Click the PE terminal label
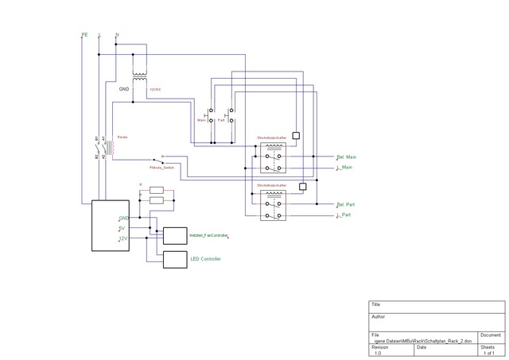[x=84, y=35]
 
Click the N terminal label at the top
[x=118, y=35]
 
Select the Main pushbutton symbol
[x=211, y=116]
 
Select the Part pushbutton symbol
[x=231, y=116]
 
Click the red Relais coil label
[x=122, y=137]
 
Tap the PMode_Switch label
[x=161, y=168]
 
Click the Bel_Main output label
[x=347, y=157]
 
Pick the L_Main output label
[x=345, y=168]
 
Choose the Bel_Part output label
[x=346, y=204]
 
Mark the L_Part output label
[x=344, y=215]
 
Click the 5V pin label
[x=122, y=228]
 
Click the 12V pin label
[x=122, y=238]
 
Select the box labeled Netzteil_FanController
[x=173, y=236]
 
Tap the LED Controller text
[x=205, y=259]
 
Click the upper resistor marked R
[x=156, y=190]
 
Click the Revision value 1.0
[x=378, y=353]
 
